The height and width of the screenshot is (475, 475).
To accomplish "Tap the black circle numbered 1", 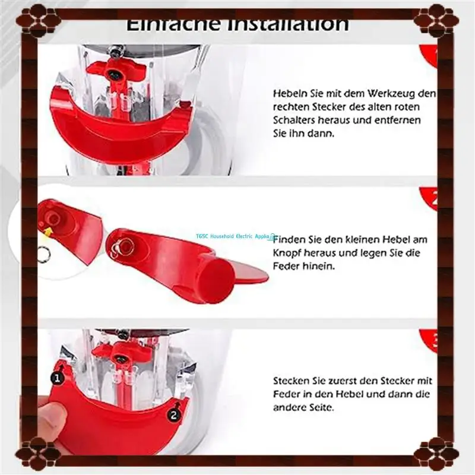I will [x=58, y=377].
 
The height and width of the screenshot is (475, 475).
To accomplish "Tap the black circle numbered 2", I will [x=173, y=415].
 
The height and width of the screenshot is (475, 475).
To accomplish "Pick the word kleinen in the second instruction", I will [x=363, y=239].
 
